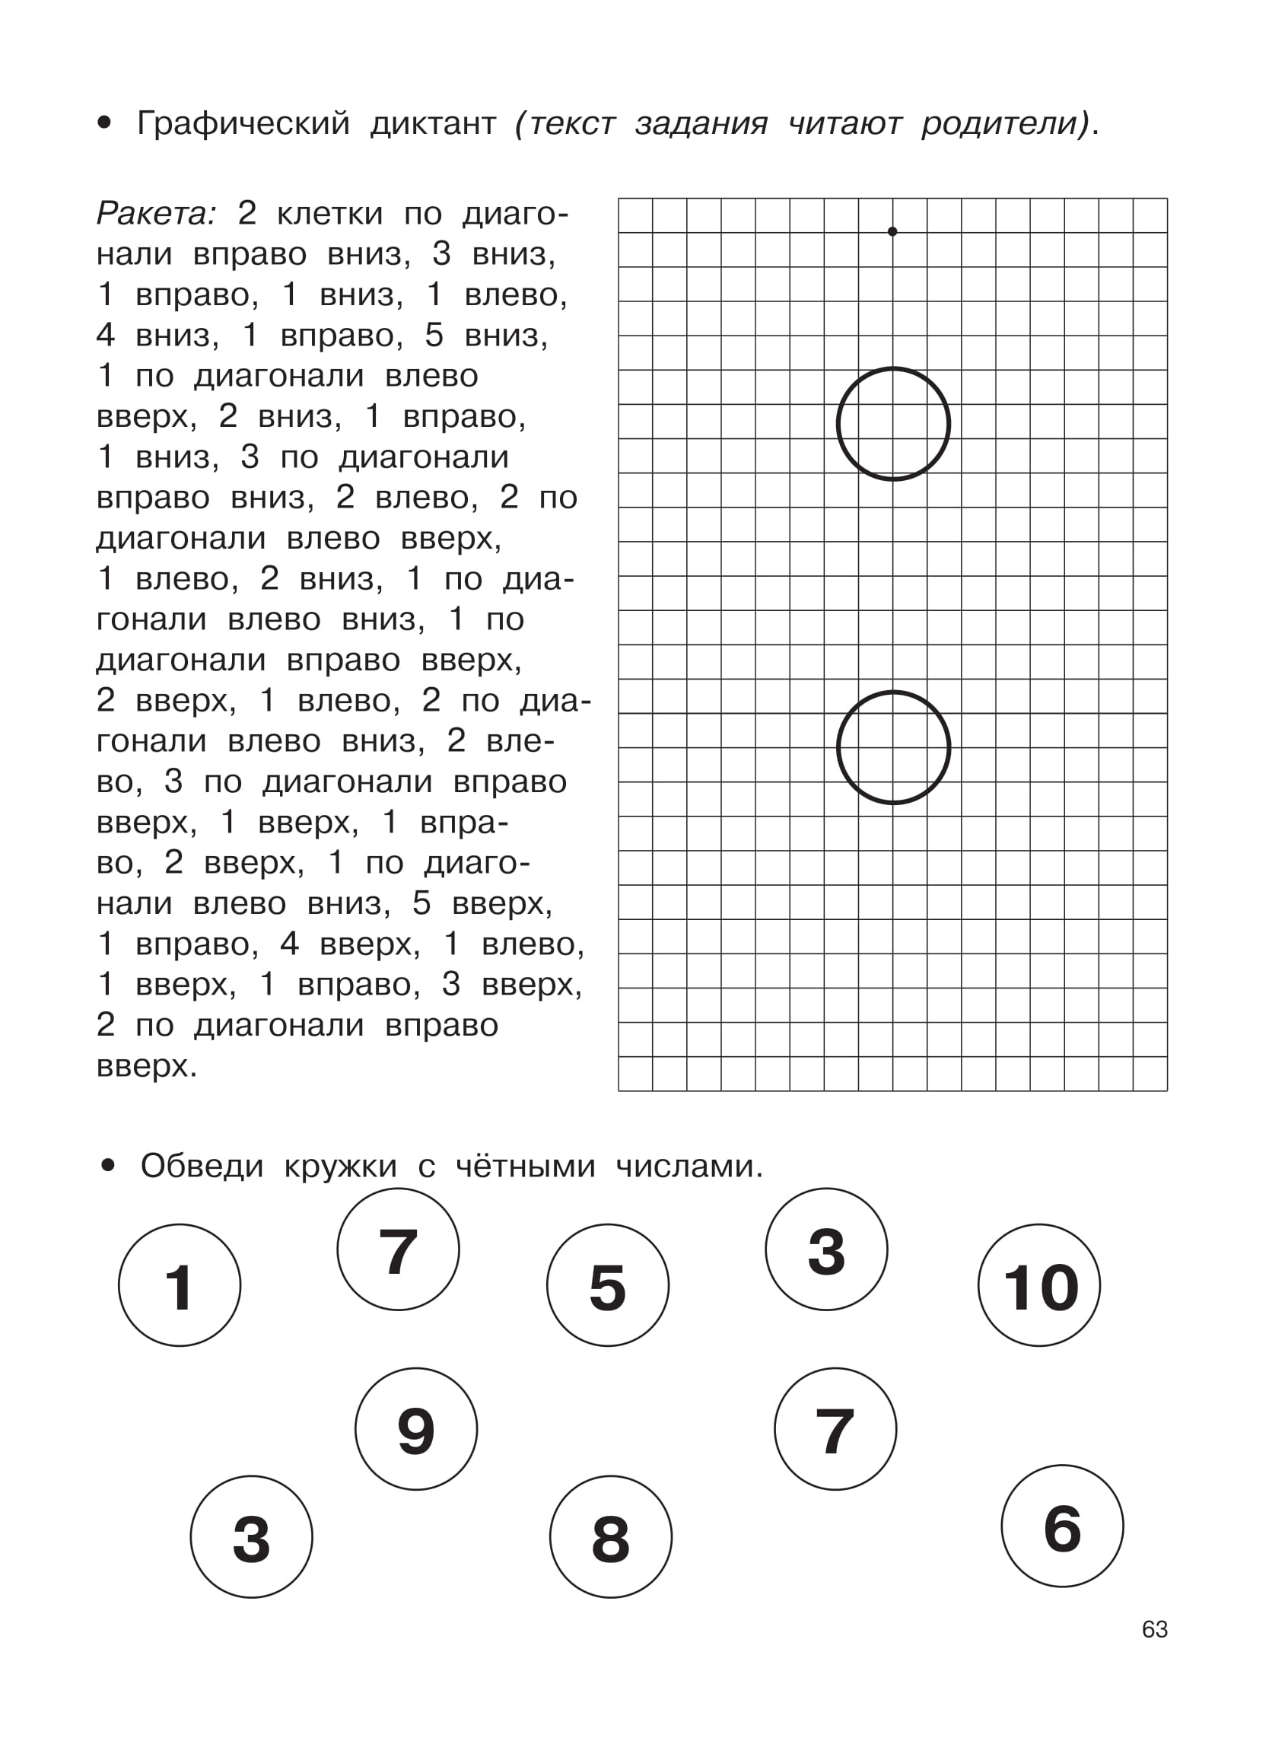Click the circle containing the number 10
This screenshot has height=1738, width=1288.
1038,1286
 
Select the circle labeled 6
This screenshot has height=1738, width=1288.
1062,1526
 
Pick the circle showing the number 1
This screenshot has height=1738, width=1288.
180,1286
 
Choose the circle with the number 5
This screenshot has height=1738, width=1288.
607,1286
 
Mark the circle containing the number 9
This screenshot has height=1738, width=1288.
415,1429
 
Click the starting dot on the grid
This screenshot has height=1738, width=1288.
892,231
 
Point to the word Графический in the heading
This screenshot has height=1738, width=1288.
243,123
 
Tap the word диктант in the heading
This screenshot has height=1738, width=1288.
434,123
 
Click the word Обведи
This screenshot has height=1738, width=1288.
202,1167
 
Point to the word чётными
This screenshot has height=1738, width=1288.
526,1167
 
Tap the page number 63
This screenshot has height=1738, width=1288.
1155,1630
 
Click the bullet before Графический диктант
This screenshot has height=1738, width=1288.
104,123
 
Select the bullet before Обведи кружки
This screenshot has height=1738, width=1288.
107,1167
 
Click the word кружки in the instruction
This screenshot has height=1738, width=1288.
341,1167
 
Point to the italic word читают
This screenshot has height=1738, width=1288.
845,123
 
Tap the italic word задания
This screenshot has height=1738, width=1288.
701,123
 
